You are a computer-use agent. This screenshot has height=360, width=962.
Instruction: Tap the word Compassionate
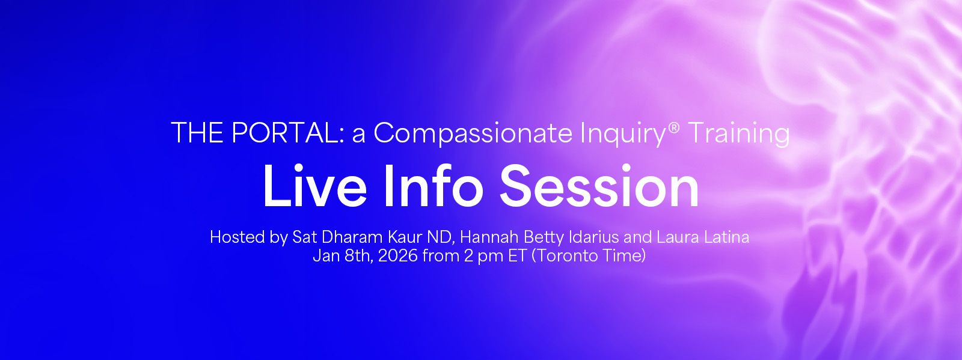tap(473, 133)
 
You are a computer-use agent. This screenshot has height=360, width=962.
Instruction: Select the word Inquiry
tap(623, 134)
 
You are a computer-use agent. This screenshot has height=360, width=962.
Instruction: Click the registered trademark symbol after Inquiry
tap(674, 127)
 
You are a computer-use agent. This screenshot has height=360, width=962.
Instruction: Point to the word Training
tap(739, 134)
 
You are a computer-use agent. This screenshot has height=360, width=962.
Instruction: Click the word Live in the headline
tap(315, 186)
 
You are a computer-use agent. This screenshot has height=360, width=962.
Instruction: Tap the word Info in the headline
tap(434, 186)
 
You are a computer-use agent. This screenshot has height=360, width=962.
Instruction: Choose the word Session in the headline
tap(599, 186)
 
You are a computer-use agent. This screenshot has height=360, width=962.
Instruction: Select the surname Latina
tap(726, 237)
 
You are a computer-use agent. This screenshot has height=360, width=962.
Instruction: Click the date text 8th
tap(358, 256)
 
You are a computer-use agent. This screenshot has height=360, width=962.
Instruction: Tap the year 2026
tap(398, 256)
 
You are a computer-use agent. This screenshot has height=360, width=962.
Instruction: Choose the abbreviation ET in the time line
tap(518, 256)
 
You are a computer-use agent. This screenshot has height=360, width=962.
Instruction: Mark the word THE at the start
tap(198, 133)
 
